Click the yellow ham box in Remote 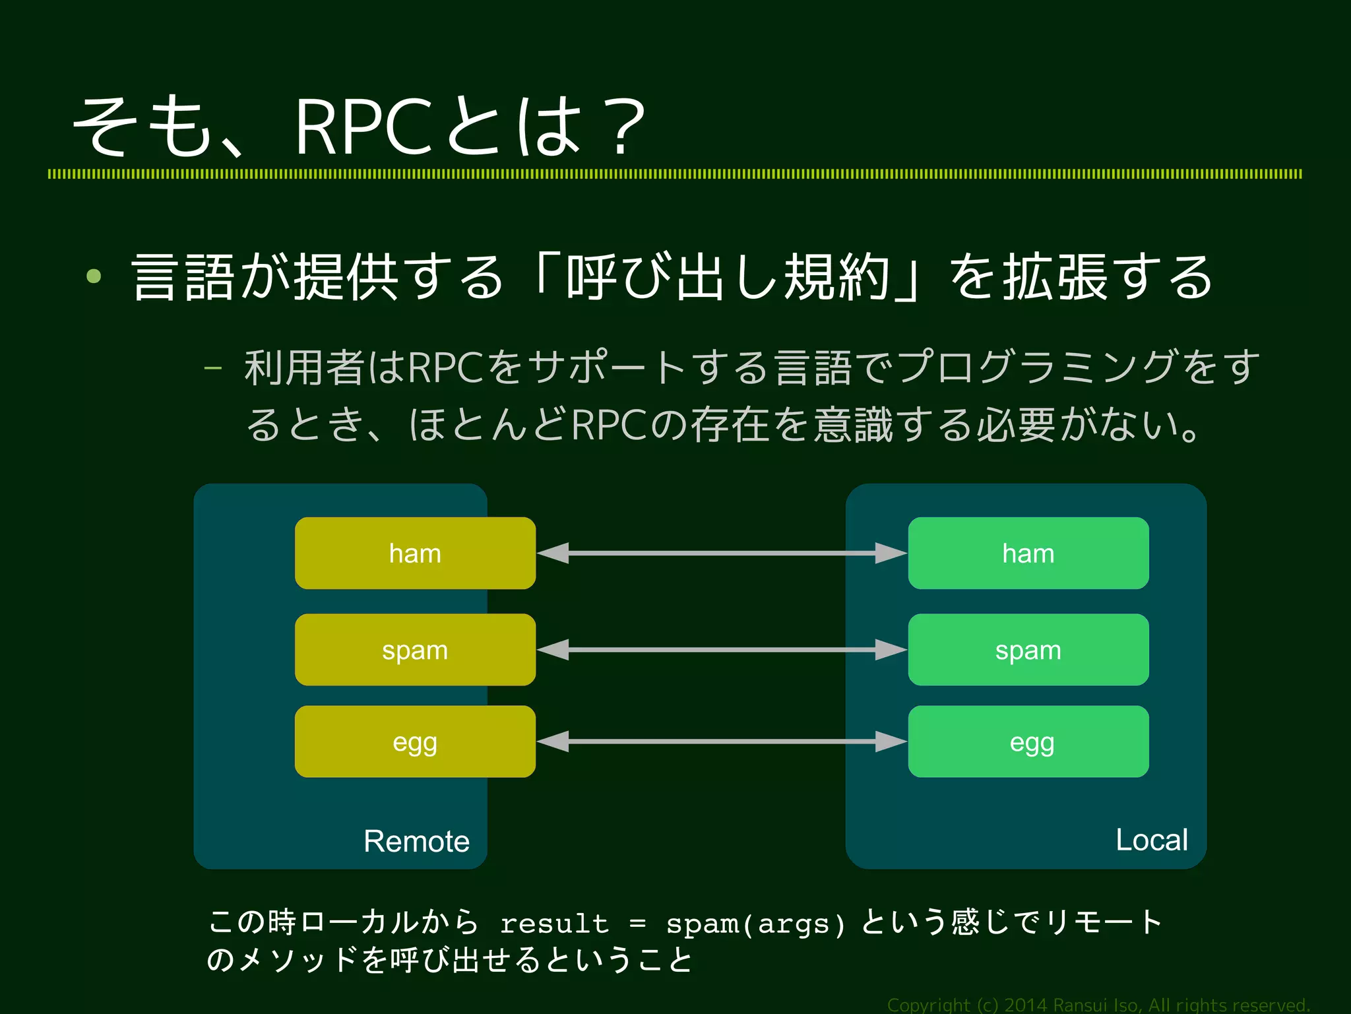(415, 553)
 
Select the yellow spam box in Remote (415, 650)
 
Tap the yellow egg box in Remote (415, 742)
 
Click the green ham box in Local (1028, 553)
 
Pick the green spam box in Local (1028, 650)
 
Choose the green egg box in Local (1028, 742)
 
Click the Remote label (416, 841)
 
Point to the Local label (1151, 840)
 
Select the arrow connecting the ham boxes (722, 553)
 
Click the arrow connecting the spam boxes (722, 650)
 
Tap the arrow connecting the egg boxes (722, 742)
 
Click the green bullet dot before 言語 (94, 276)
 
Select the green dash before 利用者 (212, 368)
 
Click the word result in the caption (554, 924)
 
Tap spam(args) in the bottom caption (755, 924)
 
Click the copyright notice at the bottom (1098, 1005)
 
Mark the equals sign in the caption (637, 924)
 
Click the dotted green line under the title (674, 174)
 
